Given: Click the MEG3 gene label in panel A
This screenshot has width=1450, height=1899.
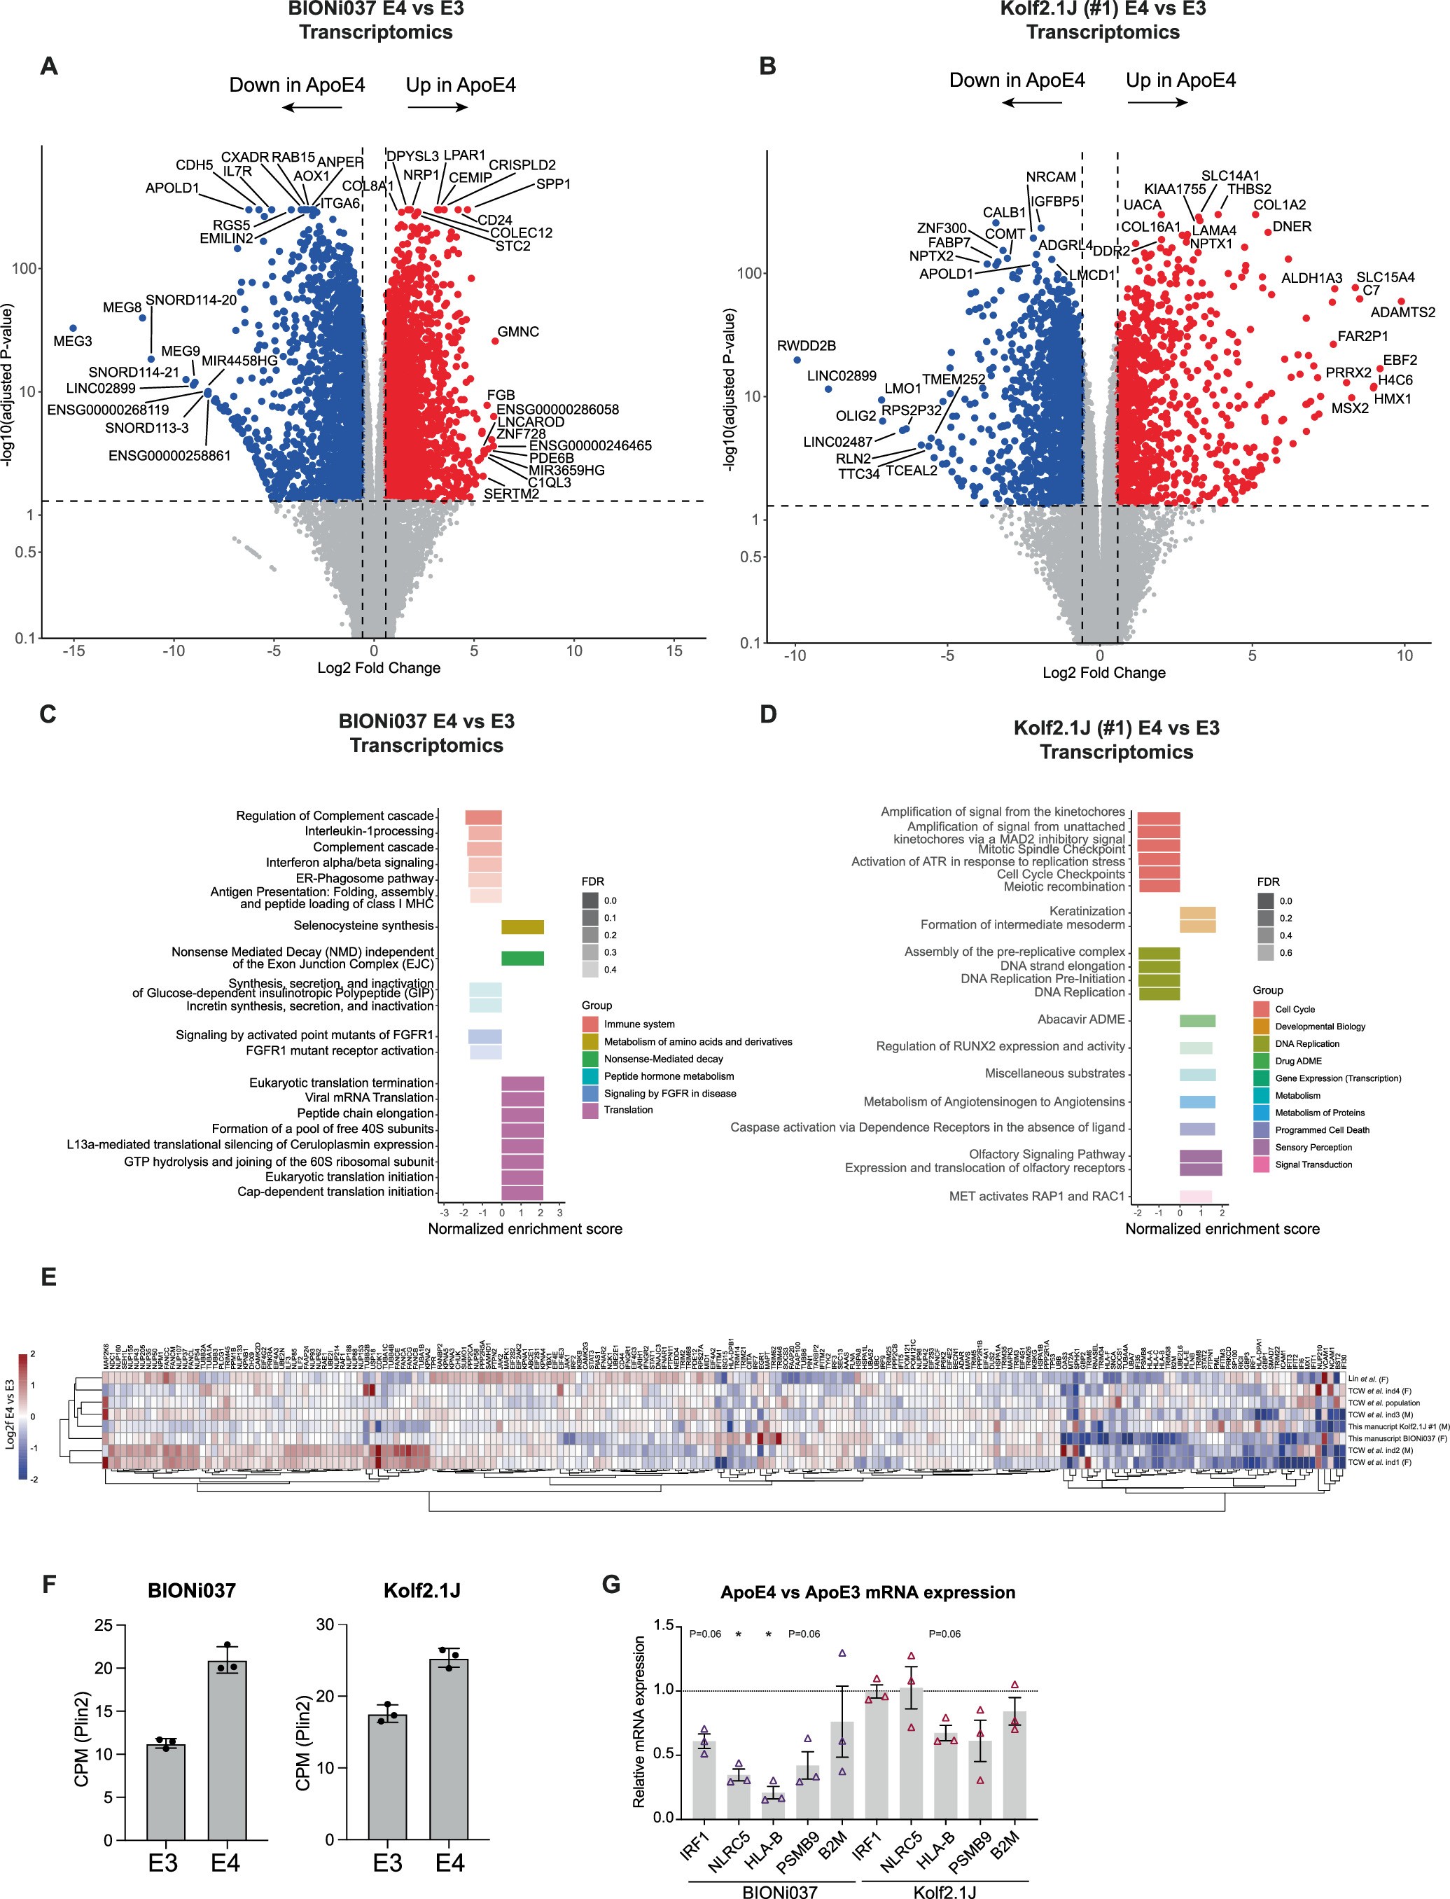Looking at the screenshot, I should click(x=73, y=341).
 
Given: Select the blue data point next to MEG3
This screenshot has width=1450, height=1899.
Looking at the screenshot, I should click(x=74, y=328).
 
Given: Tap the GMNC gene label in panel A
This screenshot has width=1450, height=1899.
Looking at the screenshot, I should click(x=518, y=331).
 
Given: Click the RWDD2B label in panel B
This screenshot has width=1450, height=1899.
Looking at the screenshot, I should click(x=806, y=346).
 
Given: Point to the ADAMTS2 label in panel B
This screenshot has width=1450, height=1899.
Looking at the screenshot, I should click(x=1402, y=312).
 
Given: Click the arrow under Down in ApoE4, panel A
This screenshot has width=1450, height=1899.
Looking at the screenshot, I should click(x=312, y=108).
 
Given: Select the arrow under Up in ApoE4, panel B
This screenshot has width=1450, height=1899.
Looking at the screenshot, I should click(x=1157, y=102).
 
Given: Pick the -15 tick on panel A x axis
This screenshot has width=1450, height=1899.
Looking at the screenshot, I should click(x=74, y=651).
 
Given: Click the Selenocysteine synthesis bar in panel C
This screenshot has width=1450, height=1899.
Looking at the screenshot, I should click(x=522, y=927).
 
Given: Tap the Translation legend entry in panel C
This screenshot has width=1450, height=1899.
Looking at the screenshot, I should click(x=627, y=1110).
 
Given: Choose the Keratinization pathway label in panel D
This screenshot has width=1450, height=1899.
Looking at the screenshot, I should click(x=1087, y=911).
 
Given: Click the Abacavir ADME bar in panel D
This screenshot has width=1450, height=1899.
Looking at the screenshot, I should click(x=1197, y=1021).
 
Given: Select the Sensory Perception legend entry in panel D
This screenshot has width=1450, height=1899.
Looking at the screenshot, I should click(x=1313, y=1147).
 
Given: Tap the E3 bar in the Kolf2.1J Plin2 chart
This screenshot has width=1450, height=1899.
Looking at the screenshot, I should click(x=387, y=1774).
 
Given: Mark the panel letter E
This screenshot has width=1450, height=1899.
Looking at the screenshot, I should click(x=48, y=1277).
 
